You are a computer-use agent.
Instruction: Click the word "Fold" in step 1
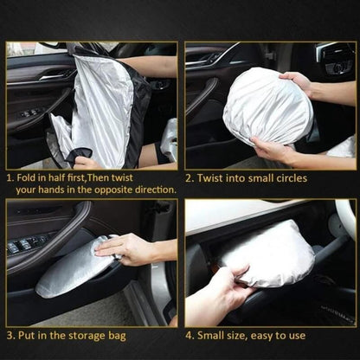click(29, 176)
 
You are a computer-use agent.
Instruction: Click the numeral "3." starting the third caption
click(10, 333)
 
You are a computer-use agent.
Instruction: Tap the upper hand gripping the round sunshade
click(299, 82)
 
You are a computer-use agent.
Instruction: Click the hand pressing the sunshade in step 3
click(125, 249)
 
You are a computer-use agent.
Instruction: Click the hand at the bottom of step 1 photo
click(87, 162)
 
